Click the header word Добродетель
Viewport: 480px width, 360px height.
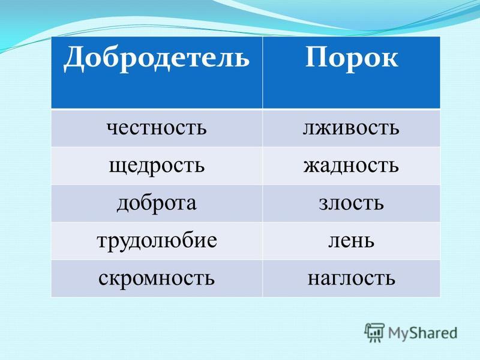coord(157,59)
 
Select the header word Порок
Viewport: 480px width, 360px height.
coord(352,59)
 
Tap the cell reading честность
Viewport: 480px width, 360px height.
coord(157,128)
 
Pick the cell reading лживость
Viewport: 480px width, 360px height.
coord(351,128)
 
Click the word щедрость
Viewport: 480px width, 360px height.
coord(157,166)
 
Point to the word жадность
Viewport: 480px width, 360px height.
coord(351,166)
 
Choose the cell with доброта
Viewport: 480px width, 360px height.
coord(157,203)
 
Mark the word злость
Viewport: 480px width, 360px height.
coord(351,203)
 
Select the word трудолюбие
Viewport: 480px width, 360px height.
coord(157,241)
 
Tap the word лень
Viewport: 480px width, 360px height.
coord(351,241)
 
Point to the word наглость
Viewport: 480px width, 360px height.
coord(351,278)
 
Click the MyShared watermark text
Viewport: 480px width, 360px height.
coord(423,333)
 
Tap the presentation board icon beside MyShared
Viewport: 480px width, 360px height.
coord(374,332)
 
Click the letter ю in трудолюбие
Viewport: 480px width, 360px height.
coord(171,242)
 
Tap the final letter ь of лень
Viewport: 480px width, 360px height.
coord(369,242)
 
